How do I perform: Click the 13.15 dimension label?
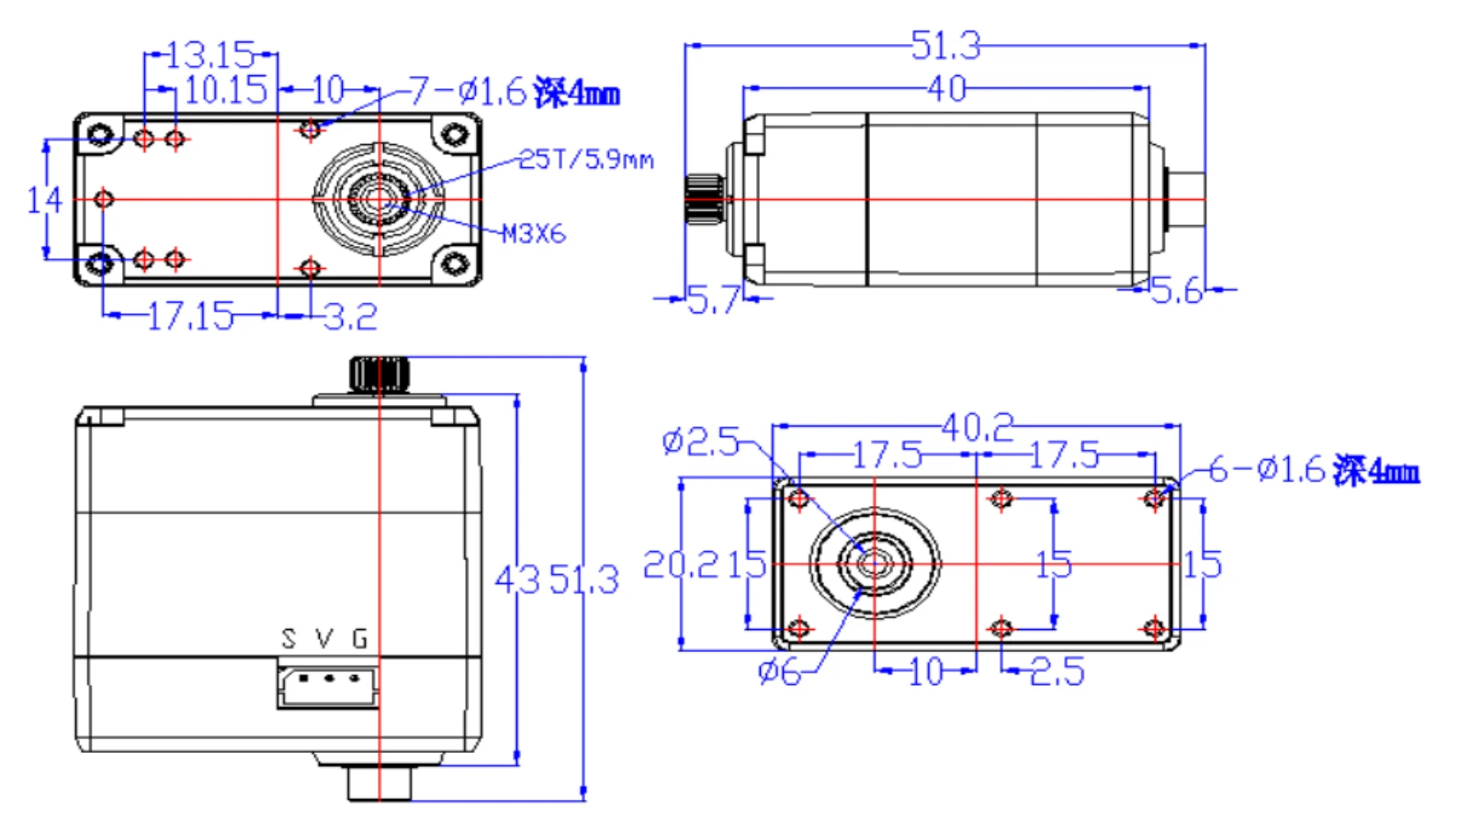[209, 55]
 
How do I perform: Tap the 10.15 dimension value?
[226, 90]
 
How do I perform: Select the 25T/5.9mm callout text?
[586, 160]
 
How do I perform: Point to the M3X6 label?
[534, 234]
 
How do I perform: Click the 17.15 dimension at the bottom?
[190, 316]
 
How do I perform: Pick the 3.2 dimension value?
[351, 318]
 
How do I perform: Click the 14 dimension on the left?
[44, 199]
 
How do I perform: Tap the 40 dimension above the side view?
[946, 89]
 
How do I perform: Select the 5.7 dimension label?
[713, 299]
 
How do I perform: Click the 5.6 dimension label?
[1177, 291]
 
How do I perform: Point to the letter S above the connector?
[288, 638]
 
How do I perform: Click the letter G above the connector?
[360, 638]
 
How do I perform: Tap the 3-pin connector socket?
[328, 686]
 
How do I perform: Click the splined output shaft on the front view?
[379, 374]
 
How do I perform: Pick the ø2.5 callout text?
[701, 443]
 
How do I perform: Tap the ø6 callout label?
[779, 671]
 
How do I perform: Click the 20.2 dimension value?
[681, 564]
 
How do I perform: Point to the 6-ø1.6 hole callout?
[1314, 470]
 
